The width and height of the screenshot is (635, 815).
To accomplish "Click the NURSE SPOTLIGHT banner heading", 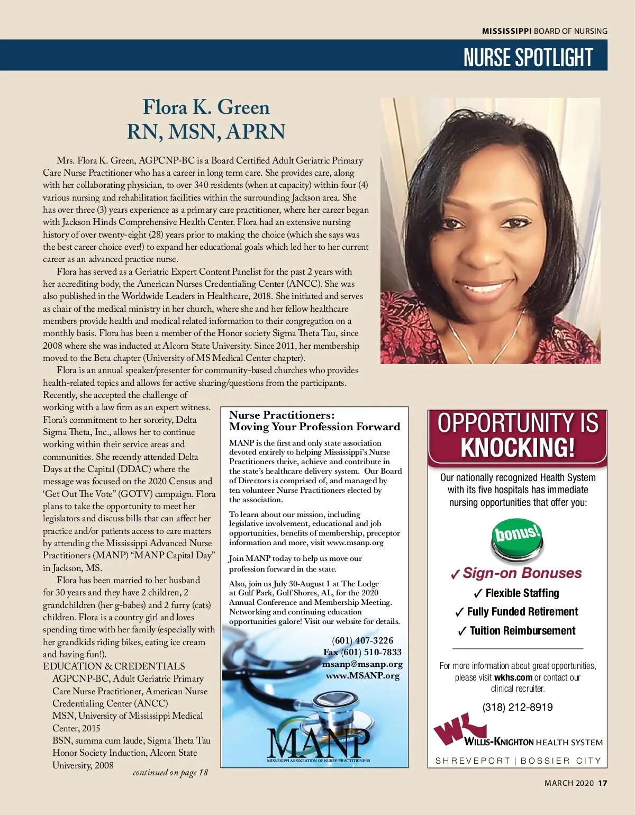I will [528, 57].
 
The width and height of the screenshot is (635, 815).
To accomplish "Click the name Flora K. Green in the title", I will [206, 107].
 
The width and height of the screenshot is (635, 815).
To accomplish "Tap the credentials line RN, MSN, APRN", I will [206, 131].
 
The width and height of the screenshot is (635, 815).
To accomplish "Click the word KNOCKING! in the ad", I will [517, 448].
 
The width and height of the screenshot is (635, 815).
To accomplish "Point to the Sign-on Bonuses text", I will [522, 573].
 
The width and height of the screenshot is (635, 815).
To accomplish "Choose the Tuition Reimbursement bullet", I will [522, 630].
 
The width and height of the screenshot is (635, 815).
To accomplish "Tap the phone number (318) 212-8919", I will [517, 707].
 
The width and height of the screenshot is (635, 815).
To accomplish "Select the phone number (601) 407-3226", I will [362, 640].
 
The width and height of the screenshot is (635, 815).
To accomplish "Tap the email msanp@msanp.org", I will [362, 664].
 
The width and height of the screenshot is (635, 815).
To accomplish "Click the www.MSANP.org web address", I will [362, 675].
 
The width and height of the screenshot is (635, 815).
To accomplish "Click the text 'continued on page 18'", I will [170, 773].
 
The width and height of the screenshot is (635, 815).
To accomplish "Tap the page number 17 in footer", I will [603, 783].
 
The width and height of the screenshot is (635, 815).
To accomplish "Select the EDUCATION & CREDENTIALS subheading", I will [114, 666].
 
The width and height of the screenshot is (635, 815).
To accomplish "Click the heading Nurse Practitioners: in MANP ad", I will [282, 415].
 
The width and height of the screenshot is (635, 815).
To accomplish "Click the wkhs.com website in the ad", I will [513, 677].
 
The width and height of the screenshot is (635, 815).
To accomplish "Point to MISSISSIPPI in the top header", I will [506, 31].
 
